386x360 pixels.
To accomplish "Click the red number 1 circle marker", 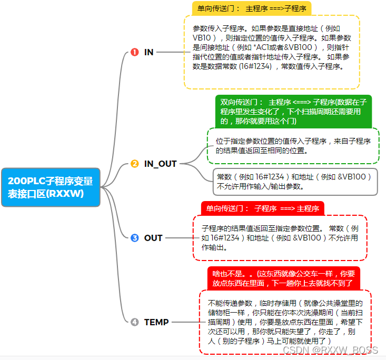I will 134,52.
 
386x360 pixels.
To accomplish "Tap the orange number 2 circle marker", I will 134,164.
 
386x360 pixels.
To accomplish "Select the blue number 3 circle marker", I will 134,238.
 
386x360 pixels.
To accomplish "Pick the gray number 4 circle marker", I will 134,322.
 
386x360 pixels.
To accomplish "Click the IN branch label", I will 149,52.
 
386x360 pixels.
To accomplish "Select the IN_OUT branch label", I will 161,164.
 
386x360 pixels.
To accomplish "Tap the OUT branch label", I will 153,238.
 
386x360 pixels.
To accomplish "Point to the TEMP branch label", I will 156,322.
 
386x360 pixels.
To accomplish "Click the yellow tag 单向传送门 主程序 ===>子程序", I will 251,8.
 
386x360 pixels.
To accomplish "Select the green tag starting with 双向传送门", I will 293,111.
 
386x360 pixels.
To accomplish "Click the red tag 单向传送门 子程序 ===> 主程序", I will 262,208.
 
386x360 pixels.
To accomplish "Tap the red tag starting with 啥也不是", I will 283,278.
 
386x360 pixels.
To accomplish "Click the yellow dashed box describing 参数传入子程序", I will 272,52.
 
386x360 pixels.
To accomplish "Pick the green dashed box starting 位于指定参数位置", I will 293,146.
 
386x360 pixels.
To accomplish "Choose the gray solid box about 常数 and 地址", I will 295,181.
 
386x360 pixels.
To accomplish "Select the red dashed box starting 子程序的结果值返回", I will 280,238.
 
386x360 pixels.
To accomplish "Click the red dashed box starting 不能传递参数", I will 285,322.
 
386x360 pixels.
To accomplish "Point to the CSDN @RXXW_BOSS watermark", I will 330,350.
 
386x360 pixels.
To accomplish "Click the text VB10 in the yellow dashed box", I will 202,38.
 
